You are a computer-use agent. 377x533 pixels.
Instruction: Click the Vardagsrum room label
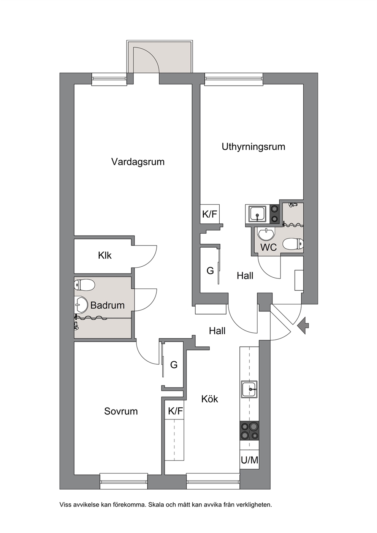(138, 162)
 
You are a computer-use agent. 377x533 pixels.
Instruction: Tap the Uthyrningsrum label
(253, 147)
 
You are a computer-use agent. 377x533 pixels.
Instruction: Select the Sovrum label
(121, 411)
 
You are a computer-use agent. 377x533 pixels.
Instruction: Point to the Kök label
(210, 399)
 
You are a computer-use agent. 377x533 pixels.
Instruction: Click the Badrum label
(108, 305)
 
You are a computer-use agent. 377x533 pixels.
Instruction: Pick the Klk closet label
(105, 256)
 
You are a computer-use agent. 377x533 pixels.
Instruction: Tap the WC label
(268, 247)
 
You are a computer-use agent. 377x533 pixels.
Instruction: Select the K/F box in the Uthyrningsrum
(210, 214)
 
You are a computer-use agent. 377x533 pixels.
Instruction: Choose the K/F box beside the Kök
(176, 411)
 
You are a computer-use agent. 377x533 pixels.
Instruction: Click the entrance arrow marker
(303, 325)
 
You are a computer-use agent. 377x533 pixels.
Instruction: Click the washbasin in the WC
(266, 234)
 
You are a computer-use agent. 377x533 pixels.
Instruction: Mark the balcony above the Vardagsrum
(160, 57)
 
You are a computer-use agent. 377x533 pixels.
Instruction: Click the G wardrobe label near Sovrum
(174, 365)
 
